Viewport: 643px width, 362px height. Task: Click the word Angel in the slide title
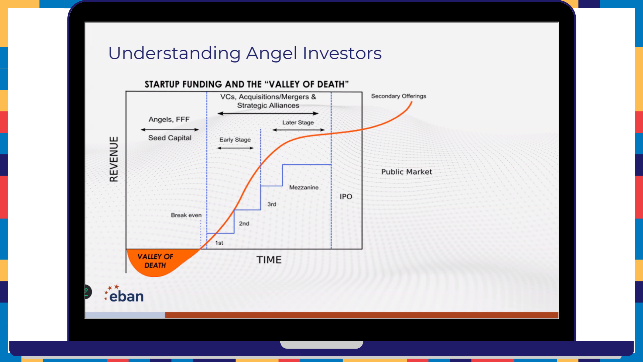272,54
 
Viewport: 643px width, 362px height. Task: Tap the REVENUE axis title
114,159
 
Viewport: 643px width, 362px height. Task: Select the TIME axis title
269,260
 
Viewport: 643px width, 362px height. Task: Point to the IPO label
346,196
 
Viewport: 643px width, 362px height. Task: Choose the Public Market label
407,172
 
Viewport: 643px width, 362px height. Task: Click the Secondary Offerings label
399,96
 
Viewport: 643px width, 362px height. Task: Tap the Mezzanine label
304,187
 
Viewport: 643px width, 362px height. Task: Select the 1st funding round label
219,243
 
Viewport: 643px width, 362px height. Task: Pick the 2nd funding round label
244,224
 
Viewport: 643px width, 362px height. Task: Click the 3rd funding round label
272,204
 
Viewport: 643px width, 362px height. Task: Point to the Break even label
186,215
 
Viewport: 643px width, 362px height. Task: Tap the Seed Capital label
170,138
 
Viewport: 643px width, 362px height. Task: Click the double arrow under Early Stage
235,148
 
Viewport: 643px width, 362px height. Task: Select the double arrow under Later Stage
298,130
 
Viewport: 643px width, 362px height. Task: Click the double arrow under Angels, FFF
170,129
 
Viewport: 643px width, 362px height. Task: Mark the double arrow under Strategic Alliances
268,113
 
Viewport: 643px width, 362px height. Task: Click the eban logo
124,294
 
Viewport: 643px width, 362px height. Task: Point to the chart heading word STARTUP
162,84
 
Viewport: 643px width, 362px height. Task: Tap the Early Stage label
235,140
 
